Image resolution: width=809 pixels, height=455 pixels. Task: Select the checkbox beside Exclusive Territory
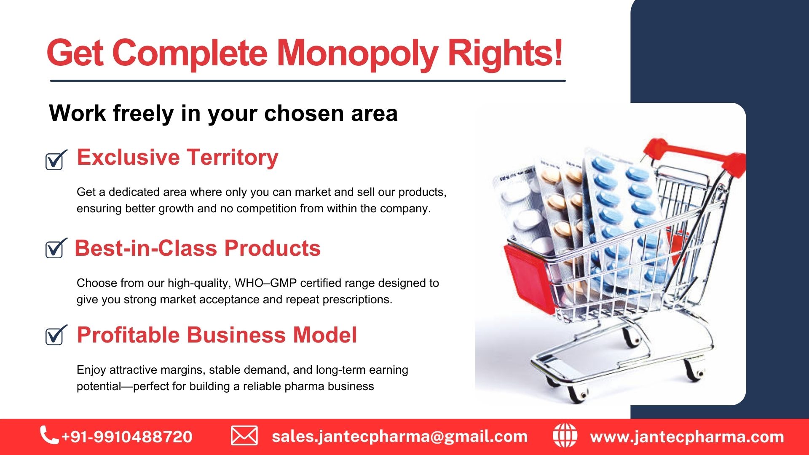(x=56, y=160)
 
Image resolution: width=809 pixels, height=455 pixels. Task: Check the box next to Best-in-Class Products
(x=56, y=248)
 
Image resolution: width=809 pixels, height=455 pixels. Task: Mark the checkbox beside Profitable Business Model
(x=56, y=335)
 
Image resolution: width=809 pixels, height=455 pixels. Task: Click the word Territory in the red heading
(x=233, y=158)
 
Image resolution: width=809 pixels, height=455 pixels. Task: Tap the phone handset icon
(x=49, y=435)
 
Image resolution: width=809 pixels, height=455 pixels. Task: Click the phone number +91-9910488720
(x=127, y=437)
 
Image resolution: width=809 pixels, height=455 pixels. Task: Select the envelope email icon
(x=244, y=436)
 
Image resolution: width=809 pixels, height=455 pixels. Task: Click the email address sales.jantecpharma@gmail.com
(x=399, y=436)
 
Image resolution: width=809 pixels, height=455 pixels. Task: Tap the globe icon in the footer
(x=565, y=436)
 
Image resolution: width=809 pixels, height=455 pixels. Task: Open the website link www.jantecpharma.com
(x=687, y=437)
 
